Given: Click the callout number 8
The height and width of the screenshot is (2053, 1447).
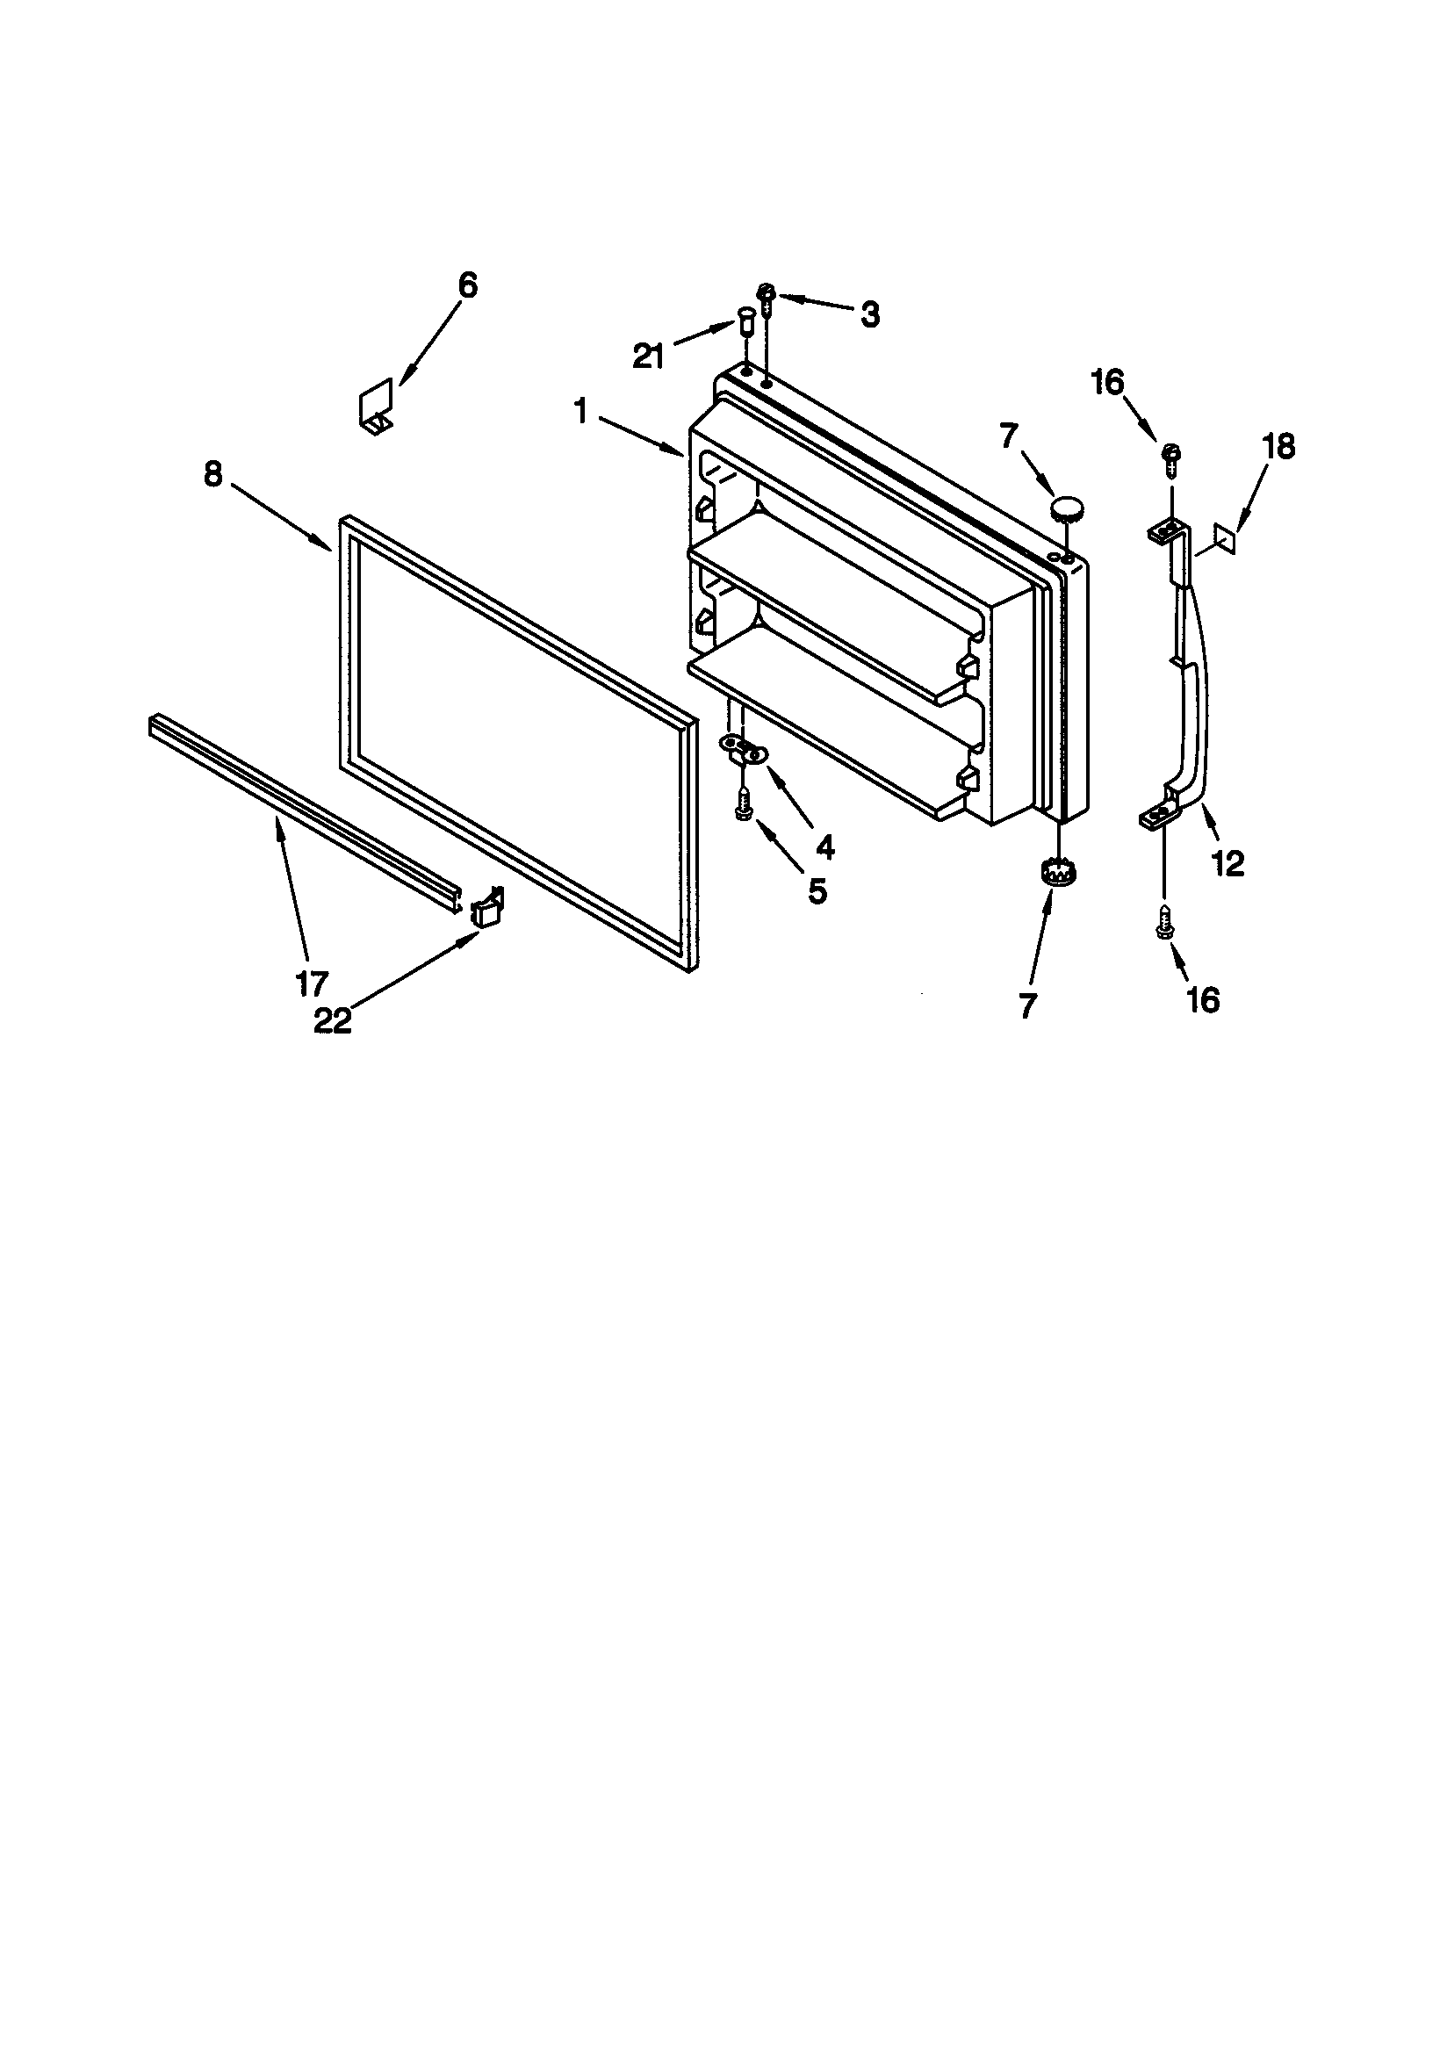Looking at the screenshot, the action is (212, 474).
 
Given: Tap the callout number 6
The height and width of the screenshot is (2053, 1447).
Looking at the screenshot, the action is (468, 285).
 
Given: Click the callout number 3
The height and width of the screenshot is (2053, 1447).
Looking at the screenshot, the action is (869, 314).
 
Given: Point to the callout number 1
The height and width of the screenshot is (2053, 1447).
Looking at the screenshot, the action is (581, 412).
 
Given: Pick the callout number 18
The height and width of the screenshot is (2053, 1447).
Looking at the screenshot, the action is (1279, 446).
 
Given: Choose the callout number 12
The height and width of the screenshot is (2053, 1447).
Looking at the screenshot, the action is (1228, 863).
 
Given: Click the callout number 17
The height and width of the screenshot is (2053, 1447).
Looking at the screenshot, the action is (312, 983).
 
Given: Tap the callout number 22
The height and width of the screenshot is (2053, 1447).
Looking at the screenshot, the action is (333, 1021).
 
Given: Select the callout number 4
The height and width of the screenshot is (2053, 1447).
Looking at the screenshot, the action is (824, 846).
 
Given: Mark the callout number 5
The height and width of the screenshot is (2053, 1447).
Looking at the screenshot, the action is (817, 890).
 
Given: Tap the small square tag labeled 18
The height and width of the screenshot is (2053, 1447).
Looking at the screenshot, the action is (1227, 539).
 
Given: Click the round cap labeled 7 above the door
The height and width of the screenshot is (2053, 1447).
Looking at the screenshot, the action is (1066, 508).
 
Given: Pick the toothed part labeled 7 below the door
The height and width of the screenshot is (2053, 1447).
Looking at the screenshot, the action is (1057, 872).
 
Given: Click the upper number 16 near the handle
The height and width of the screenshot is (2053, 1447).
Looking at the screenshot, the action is (1106, 383).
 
